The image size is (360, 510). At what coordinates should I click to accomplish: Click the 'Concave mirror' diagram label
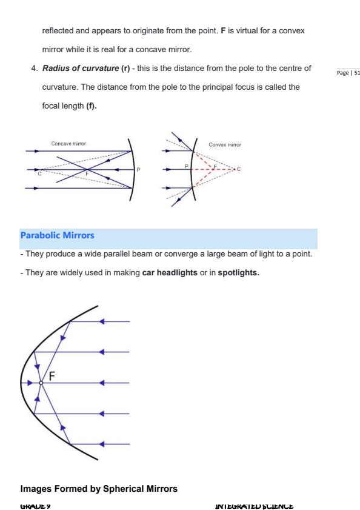(68, 144)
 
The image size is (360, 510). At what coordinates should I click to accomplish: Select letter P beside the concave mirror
(138, 170)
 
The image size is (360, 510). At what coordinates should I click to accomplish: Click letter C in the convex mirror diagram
(239, 169)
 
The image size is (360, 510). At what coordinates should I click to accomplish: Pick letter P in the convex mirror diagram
(187, 165)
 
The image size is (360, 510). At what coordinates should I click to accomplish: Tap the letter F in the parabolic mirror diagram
(52, 375)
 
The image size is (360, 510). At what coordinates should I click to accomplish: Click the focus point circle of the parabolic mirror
(41, 383)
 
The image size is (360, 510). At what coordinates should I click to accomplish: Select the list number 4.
(34, 67)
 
